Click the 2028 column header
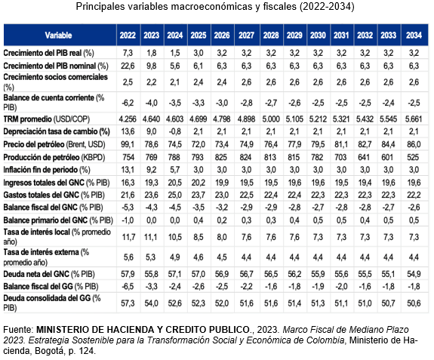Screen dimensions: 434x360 point(271,35)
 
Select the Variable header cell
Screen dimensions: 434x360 point(58,35)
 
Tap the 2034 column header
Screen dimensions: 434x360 point(414,35)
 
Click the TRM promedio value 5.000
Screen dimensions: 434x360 point(271,119)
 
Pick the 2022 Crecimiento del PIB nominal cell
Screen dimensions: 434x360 point(128,66)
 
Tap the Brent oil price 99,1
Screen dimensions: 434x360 point(128,144)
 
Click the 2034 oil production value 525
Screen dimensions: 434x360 point(413,157)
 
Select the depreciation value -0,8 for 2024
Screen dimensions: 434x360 point(175,131)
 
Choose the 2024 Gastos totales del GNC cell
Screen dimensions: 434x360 point(175,195)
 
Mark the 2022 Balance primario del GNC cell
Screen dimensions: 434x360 point(128,220)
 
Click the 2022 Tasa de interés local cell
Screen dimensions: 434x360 point(128,237)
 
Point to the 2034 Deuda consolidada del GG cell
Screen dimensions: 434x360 point(414,303)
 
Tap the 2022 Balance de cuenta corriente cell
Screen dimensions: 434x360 point(128,103)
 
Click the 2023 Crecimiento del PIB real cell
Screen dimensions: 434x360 point(152,53)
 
